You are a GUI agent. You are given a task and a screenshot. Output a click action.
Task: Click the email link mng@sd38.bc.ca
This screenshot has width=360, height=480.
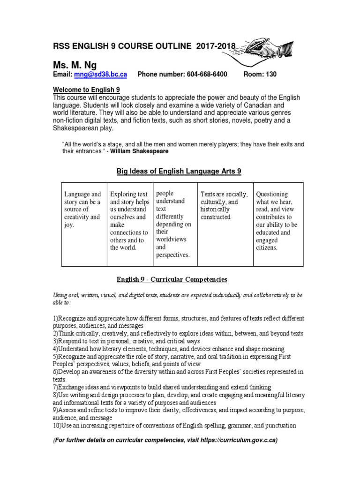[x=100, y=75]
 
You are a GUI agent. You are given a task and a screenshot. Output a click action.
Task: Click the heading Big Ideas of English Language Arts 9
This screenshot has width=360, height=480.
[x=179, y=172]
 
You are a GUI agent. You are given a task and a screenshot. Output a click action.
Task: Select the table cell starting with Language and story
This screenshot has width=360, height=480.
[x=82, y=209]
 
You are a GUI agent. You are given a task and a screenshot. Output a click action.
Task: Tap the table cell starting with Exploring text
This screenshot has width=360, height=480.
[x=129, y=220]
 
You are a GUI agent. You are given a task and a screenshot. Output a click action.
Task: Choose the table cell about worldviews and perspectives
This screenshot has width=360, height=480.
[x=173, y=224]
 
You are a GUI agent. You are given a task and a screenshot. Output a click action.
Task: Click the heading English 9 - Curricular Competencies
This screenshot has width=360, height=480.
[x=172, y=279]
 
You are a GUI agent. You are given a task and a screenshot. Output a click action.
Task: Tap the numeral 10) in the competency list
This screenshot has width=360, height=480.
[x=58, y=426]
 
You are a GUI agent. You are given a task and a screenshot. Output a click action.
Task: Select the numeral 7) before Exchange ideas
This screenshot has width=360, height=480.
[x=56, y=387]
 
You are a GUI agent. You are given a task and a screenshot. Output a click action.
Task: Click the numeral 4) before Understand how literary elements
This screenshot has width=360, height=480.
[x=56, y=349]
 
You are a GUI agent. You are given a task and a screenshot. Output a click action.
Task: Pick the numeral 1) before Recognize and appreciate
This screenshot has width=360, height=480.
[x=56, y=318]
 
